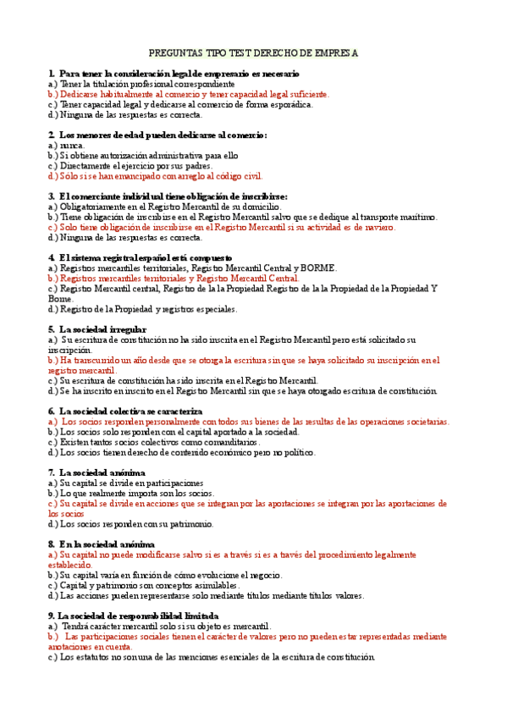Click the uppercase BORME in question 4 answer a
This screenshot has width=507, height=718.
click(x=320, y=268)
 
